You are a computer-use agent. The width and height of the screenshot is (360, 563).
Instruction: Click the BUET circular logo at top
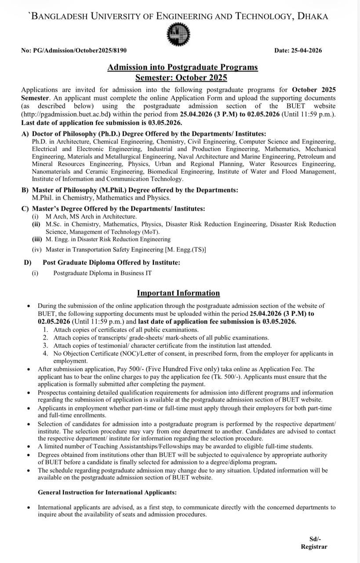point(179,34)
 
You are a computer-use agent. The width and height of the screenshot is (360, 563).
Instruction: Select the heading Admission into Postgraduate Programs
point(182,68)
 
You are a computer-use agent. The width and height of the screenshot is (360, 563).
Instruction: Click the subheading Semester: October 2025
point(181,78)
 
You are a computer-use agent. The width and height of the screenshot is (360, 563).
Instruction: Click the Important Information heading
point(178,293)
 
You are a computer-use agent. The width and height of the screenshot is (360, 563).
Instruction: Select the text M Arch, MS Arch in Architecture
point(91,217)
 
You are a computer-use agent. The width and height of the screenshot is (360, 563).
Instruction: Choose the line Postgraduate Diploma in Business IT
point(102,273)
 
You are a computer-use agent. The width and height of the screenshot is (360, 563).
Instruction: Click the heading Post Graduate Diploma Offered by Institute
point(111,263)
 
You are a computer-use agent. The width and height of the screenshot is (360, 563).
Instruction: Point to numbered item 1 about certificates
point(126,329)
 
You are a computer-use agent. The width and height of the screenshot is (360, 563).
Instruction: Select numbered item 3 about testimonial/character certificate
point(162,346)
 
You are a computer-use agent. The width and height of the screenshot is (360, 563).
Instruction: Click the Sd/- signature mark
point(315,539)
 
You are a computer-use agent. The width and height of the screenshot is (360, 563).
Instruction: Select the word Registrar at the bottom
point(314,547)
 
